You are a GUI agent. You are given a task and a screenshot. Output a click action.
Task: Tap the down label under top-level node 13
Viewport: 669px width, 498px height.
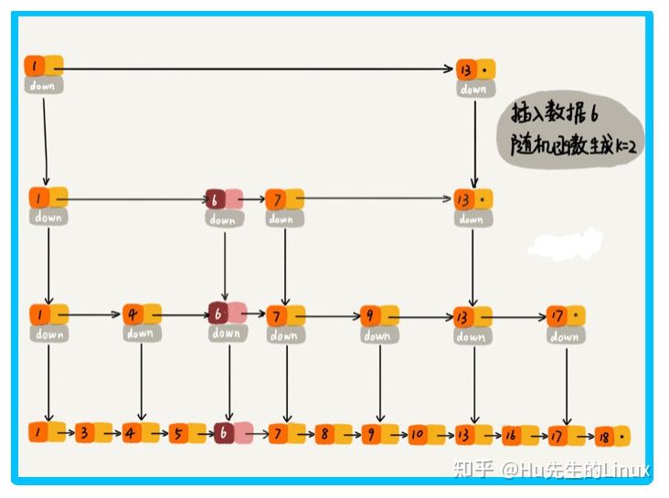pyautogui.click(x=473, y=89)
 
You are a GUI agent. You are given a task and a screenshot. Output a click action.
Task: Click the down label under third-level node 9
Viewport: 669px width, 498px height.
pyautogui.click(x=377, y=335)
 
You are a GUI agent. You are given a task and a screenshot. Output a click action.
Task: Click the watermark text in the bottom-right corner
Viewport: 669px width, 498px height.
pyautogui.click(x=553, y=470)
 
